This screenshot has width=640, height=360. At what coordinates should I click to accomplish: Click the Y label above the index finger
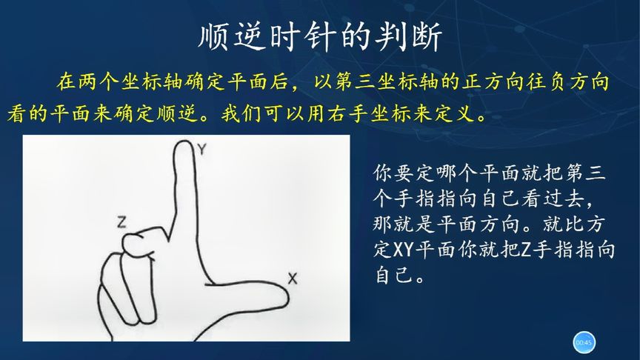tap(202, 150)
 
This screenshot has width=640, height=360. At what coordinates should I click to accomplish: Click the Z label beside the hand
tap(121, 222)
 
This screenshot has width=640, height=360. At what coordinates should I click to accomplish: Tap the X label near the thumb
tap(293, 279)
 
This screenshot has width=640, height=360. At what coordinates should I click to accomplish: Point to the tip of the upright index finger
tap(184, 141)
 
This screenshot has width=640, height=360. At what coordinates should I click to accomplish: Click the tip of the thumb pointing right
tap(287, 297)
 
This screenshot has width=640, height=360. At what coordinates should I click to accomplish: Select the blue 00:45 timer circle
tap(584, 342)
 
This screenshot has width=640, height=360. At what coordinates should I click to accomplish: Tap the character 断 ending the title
tap(427, 37)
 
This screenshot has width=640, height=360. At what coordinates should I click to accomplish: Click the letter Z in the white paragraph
tap(527, 249)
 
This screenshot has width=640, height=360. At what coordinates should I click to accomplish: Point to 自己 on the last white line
tap(396, 274)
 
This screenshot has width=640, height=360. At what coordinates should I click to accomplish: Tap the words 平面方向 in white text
tap(479, 224)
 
